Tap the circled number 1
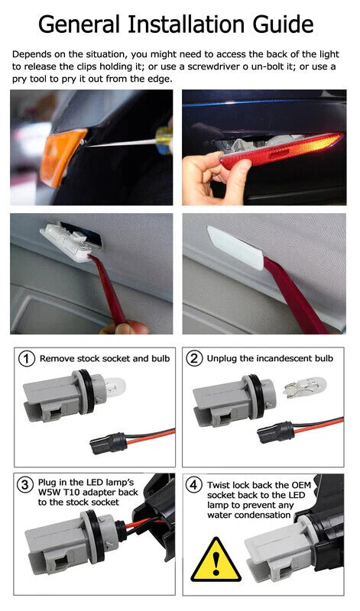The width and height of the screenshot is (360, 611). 26,358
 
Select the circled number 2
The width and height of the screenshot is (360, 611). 194,358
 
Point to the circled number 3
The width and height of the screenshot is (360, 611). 25,484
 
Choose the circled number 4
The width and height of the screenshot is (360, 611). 194,486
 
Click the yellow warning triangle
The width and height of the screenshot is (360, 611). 216,560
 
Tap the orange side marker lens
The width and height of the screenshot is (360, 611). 63,156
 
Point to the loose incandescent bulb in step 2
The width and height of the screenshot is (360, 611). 304,386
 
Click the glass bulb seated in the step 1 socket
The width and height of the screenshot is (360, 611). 115,387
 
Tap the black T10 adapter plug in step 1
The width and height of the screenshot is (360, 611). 109,444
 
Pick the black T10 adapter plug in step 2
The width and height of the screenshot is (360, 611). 276,432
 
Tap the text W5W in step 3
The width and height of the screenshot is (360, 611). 48,493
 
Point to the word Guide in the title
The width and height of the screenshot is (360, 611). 283,24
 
